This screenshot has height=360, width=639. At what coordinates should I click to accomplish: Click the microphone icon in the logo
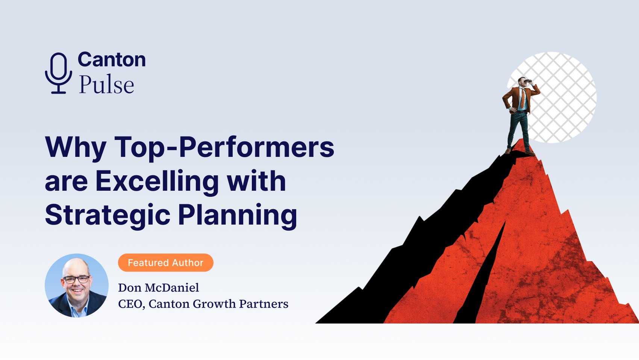[x=59, y=73]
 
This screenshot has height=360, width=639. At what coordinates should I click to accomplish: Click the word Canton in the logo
[x=112, y=60]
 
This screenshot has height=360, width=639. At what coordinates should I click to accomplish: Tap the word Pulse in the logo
[x=106, y=84]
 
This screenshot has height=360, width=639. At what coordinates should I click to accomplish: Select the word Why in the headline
[x=76, y=148]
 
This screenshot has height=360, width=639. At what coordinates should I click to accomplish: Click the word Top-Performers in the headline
[x=224, y=148]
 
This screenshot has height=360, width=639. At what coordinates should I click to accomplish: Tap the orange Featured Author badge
[x=166, y=263]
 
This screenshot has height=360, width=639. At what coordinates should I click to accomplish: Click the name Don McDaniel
[x=159, y=287]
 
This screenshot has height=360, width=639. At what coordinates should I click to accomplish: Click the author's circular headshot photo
[x=77, y=286]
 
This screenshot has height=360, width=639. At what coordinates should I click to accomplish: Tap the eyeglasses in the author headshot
[x=76, y=279]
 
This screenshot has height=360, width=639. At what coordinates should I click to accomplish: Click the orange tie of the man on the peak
[x=522, y=99]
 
